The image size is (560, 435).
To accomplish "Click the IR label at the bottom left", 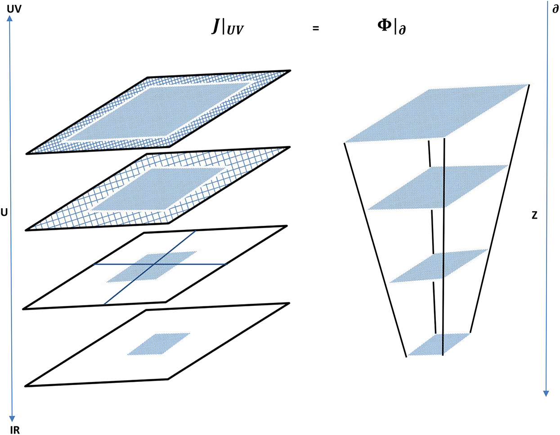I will click(14, 431).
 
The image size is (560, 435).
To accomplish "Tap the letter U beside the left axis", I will click(4, 212).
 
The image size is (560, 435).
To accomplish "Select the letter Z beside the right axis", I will click(534, 215).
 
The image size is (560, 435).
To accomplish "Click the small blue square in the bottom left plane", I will click(159, 344).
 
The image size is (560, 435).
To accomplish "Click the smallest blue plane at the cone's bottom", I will click(439, 344).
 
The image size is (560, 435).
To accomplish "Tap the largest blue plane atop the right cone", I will click(439, 112).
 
